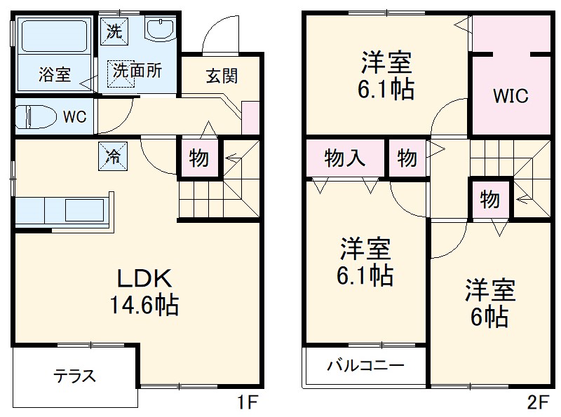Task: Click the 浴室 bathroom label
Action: tap(53, 75)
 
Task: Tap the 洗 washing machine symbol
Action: tap(114, 30)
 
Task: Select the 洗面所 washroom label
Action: tap(137, 71)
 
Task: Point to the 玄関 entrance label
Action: tap(221, 76)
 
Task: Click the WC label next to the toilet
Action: tap(74, 116)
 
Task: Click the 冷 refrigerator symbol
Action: tap(113, 156)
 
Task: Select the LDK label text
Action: tap(143, 278)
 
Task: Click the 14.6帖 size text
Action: tap(143, 306)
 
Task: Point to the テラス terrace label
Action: tap(75, 376)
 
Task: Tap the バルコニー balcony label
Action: tap(365, 366)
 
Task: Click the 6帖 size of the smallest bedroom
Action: tap(489, 318)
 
